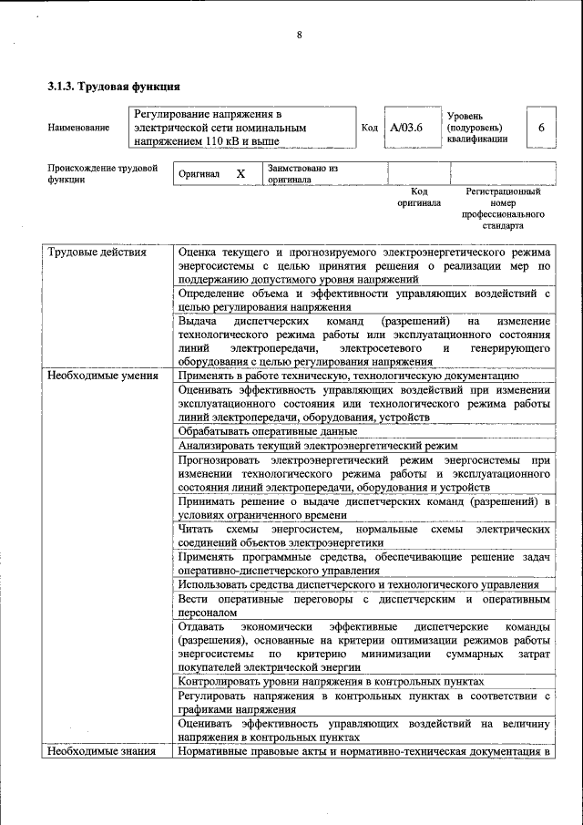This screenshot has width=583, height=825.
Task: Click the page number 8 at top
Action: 298,35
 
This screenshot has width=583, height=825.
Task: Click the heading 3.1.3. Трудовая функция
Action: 113,87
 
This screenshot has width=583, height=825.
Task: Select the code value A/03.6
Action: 405,128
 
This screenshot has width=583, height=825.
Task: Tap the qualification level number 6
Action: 541,128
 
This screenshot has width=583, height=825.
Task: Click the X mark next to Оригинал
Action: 240,173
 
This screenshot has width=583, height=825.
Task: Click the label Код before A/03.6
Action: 369,128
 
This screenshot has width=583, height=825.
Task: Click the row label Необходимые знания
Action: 100,751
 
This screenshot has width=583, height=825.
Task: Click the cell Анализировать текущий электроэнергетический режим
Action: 317,446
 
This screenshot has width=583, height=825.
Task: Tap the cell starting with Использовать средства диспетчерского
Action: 358,584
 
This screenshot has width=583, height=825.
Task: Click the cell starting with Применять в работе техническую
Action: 348,375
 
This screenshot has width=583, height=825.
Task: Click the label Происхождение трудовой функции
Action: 102,174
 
